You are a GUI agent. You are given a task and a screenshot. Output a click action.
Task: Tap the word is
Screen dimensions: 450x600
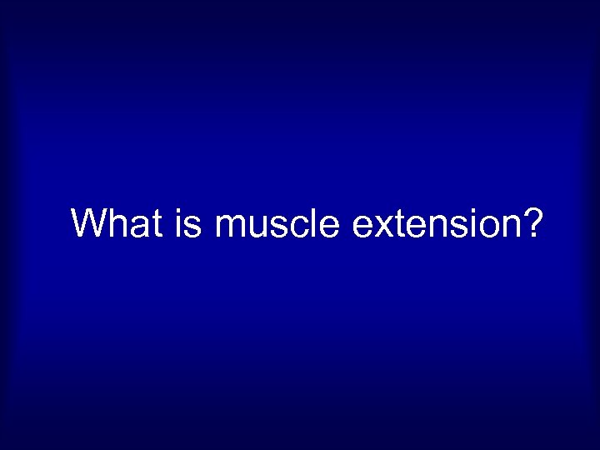[x=189, y=223]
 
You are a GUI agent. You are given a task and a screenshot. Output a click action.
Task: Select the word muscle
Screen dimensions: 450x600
[x=277, y=223]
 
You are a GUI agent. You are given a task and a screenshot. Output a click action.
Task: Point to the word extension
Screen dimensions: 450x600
[x=433, y=223]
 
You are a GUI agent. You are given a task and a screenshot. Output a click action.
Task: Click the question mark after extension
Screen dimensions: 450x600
[x=532, y=223]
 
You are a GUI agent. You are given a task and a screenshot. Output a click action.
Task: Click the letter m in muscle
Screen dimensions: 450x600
[x=230, y=227]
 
